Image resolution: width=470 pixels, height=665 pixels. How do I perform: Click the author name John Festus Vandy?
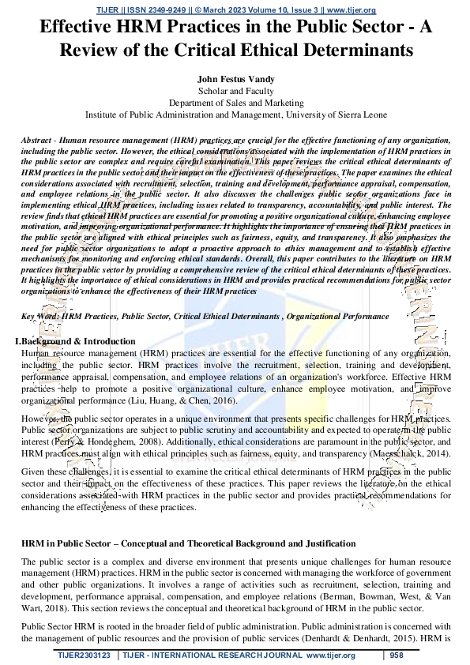click(235, 80)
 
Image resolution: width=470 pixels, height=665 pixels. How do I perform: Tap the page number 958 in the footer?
click(397, 656)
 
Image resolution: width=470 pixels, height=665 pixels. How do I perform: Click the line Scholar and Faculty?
click(235, 92)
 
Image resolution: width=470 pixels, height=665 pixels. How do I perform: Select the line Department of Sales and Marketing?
click(235, 103)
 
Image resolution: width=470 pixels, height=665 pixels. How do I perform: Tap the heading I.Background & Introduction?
click(75, 341)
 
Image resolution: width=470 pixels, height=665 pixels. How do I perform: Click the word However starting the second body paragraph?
click(40, 417)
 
